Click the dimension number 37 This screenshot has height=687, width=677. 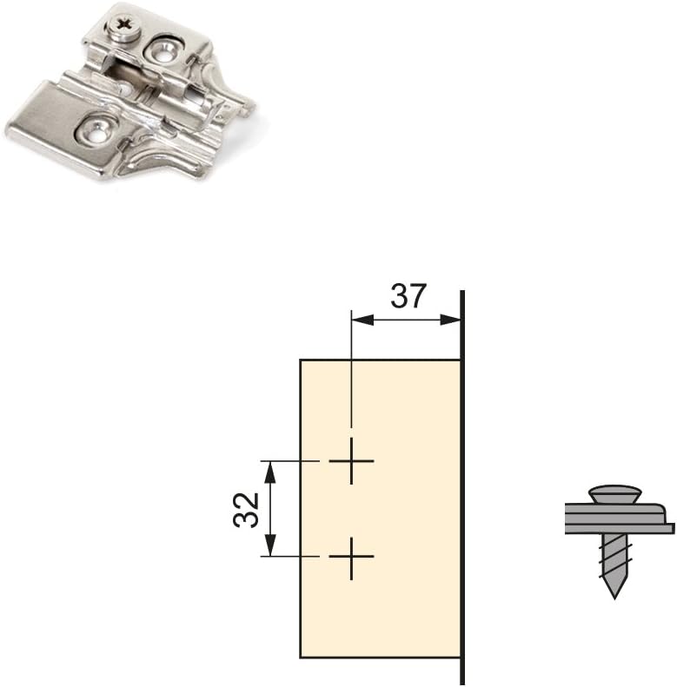(408, 296)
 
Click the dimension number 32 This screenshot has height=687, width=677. (246, 509)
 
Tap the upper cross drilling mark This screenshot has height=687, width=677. (351, 461)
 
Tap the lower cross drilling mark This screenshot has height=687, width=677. (351, 557)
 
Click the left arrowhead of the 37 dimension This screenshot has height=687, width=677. (362, 320)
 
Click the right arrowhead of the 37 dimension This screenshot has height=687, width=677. (450, 320)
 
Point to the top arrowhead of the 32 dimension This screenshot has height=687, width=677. (271, 472)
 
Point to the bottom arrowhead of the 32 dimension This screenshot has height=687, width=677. (271, 545)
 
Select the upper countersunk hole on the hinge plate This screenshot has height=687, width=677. (164, 50)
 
